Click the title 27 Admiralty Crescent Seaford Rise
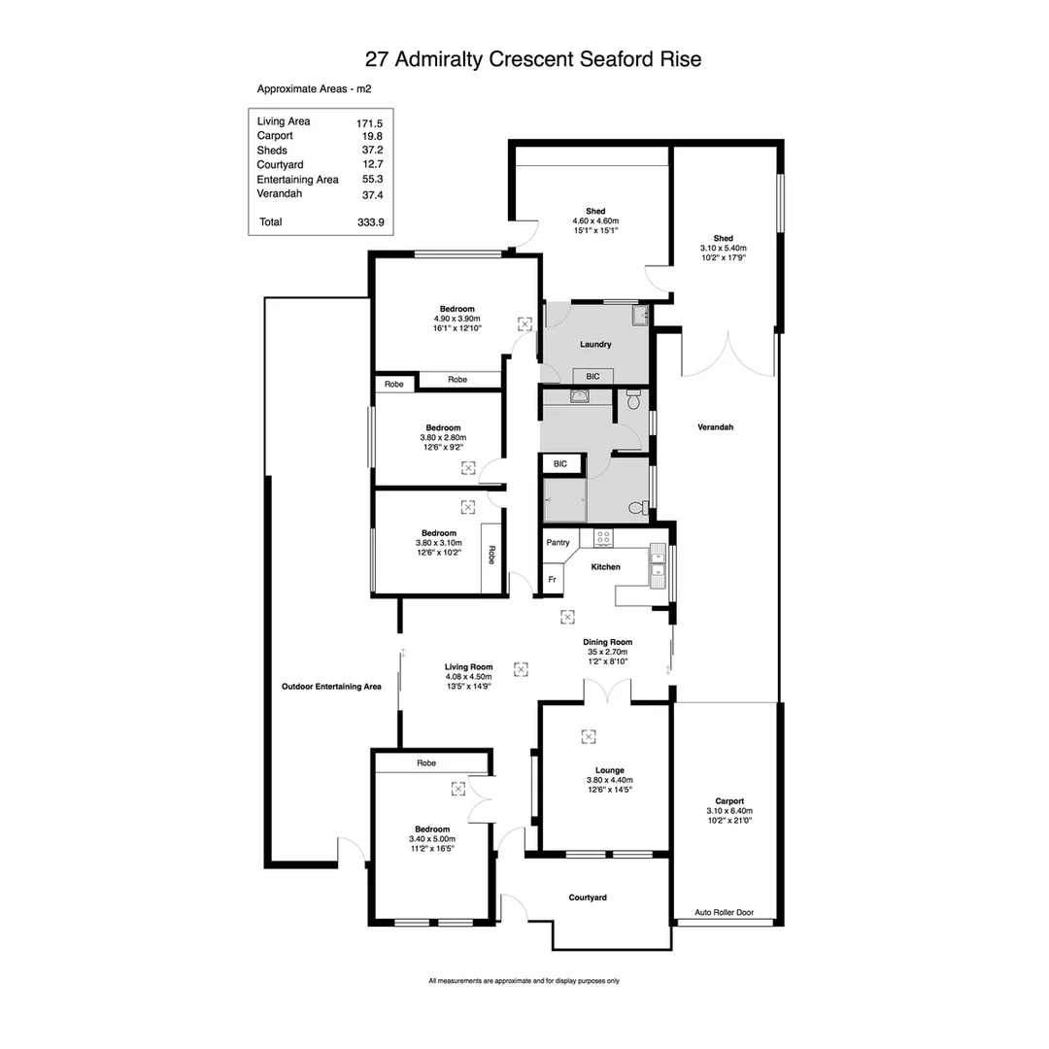coord(532,59)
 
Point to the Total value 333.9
coord(370,222)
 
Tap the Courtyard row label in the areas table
coord(280,165)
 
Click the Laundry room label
coord(594,345)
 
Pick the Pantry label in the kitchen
coord(558,543)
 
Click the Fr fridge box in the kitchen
coord(552,580)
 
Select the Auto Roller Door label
coord(724,913)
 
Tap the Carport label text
coord(728,801)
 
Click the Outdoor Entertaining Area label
coord(331,687)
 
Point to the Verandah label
coord(715,427)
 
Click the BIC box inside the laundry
coord(592,376)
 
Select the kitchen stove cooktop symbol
coord(602,537)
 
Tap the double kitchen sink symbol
coord(658,564)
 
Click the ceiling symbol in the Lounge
coord(588,736)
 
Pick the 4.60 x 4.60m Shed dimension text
coord(595,221)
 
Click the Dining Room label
coord(608,642)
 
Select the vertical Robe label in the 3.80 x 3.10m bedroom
coord(491,555)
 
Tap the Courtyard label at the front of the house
coord(588,897)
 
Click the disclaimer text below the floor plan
coord(524,981)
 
